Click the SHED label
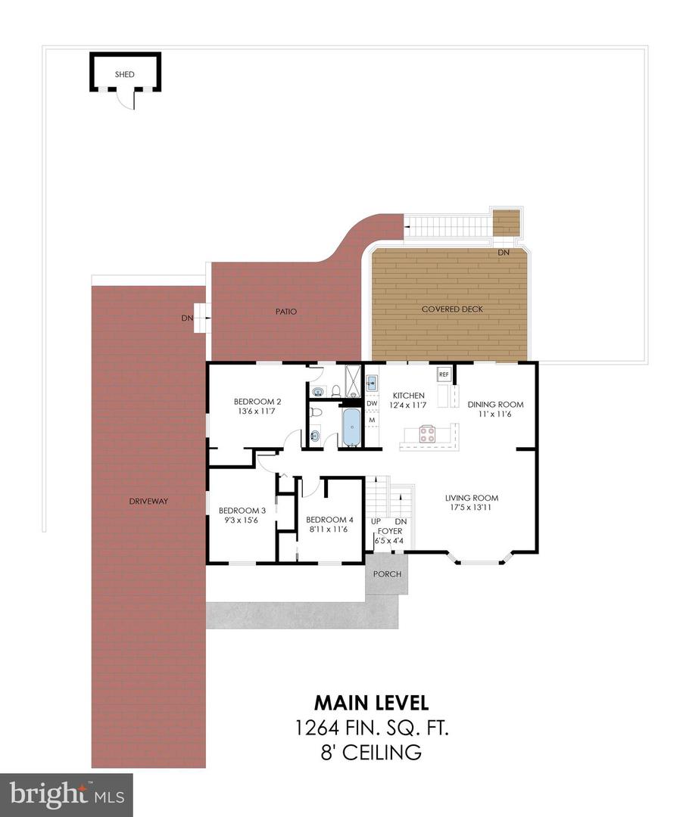coord(125,74)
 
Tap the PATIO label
coord(286,311)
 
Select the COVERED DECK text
coord(452,309)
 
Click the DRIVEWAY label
coord(148,501)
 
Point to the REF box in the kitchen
coord(443,374)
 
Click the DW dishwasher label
coord(372,404)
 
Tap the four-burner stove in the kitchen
coord(428,434)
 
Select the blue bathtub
coord(351,428)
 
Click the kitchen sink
coord(372,384)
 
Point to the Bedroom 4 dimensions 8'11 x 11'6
coord(329,530)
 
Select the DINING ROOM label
coord(495,404)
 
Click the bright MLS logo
coord(67,794)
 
